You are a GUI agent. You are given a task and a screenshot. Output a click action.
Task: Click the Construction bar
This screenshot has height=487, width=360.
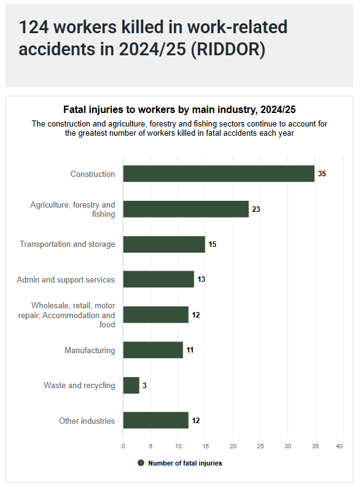pos(219,174)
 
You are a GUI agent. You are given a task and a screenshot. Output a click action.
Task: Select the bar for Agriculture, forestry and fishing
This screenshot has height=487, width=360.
pos(186,209)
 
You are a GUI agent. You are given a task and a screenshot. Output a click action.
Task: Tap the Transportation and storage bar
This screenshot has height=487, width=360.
pos(164,244)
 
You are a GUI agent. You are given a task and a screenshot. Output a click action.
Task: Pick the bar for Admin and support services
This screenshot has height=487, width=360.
pos(158,279)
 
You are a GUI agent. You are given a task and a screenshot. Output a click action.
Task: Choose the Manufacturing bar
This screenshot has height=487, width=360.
pos(153,350)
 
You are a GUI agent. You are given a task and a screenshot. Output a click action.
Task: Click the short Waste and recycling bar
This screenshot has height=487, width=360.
pos(131,386)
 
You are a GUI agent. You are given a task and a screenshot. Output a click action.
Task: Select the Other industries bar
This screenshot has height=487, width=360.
pos(155,421)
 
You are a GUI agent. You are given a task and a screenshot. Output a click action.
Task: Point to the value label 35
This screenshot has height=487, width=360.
pos(322,174)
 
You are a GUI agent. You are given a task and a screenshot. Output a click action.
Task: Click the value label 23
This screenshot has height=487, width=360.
pos(256,209)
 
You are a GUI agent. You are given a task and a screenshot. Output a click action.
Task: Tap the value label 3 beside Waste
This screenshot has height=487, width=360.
pos(144,386)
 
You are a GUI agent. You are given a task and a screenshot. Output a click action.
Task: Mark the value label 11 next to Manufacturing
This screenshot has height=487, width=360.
pos(190,350)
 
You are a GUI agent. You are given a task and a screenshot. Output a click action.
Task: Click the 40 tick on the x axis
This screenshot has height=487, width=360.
pos(339,446)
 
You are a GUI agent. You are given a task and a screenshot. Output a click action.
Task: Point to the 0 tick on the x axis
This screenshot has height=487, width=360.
pos(123,446)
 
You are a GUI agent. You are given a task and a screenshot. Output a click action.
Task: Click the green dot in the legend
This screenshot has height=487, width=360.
pos(141,463)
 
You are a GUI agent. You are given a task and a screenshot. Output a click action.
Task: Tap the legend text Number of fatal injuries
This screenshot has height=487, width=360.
pos(185,463)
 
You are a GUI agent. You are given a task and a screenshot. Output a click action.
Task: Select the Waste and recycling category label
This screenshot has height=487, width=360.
pos(79,386)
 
